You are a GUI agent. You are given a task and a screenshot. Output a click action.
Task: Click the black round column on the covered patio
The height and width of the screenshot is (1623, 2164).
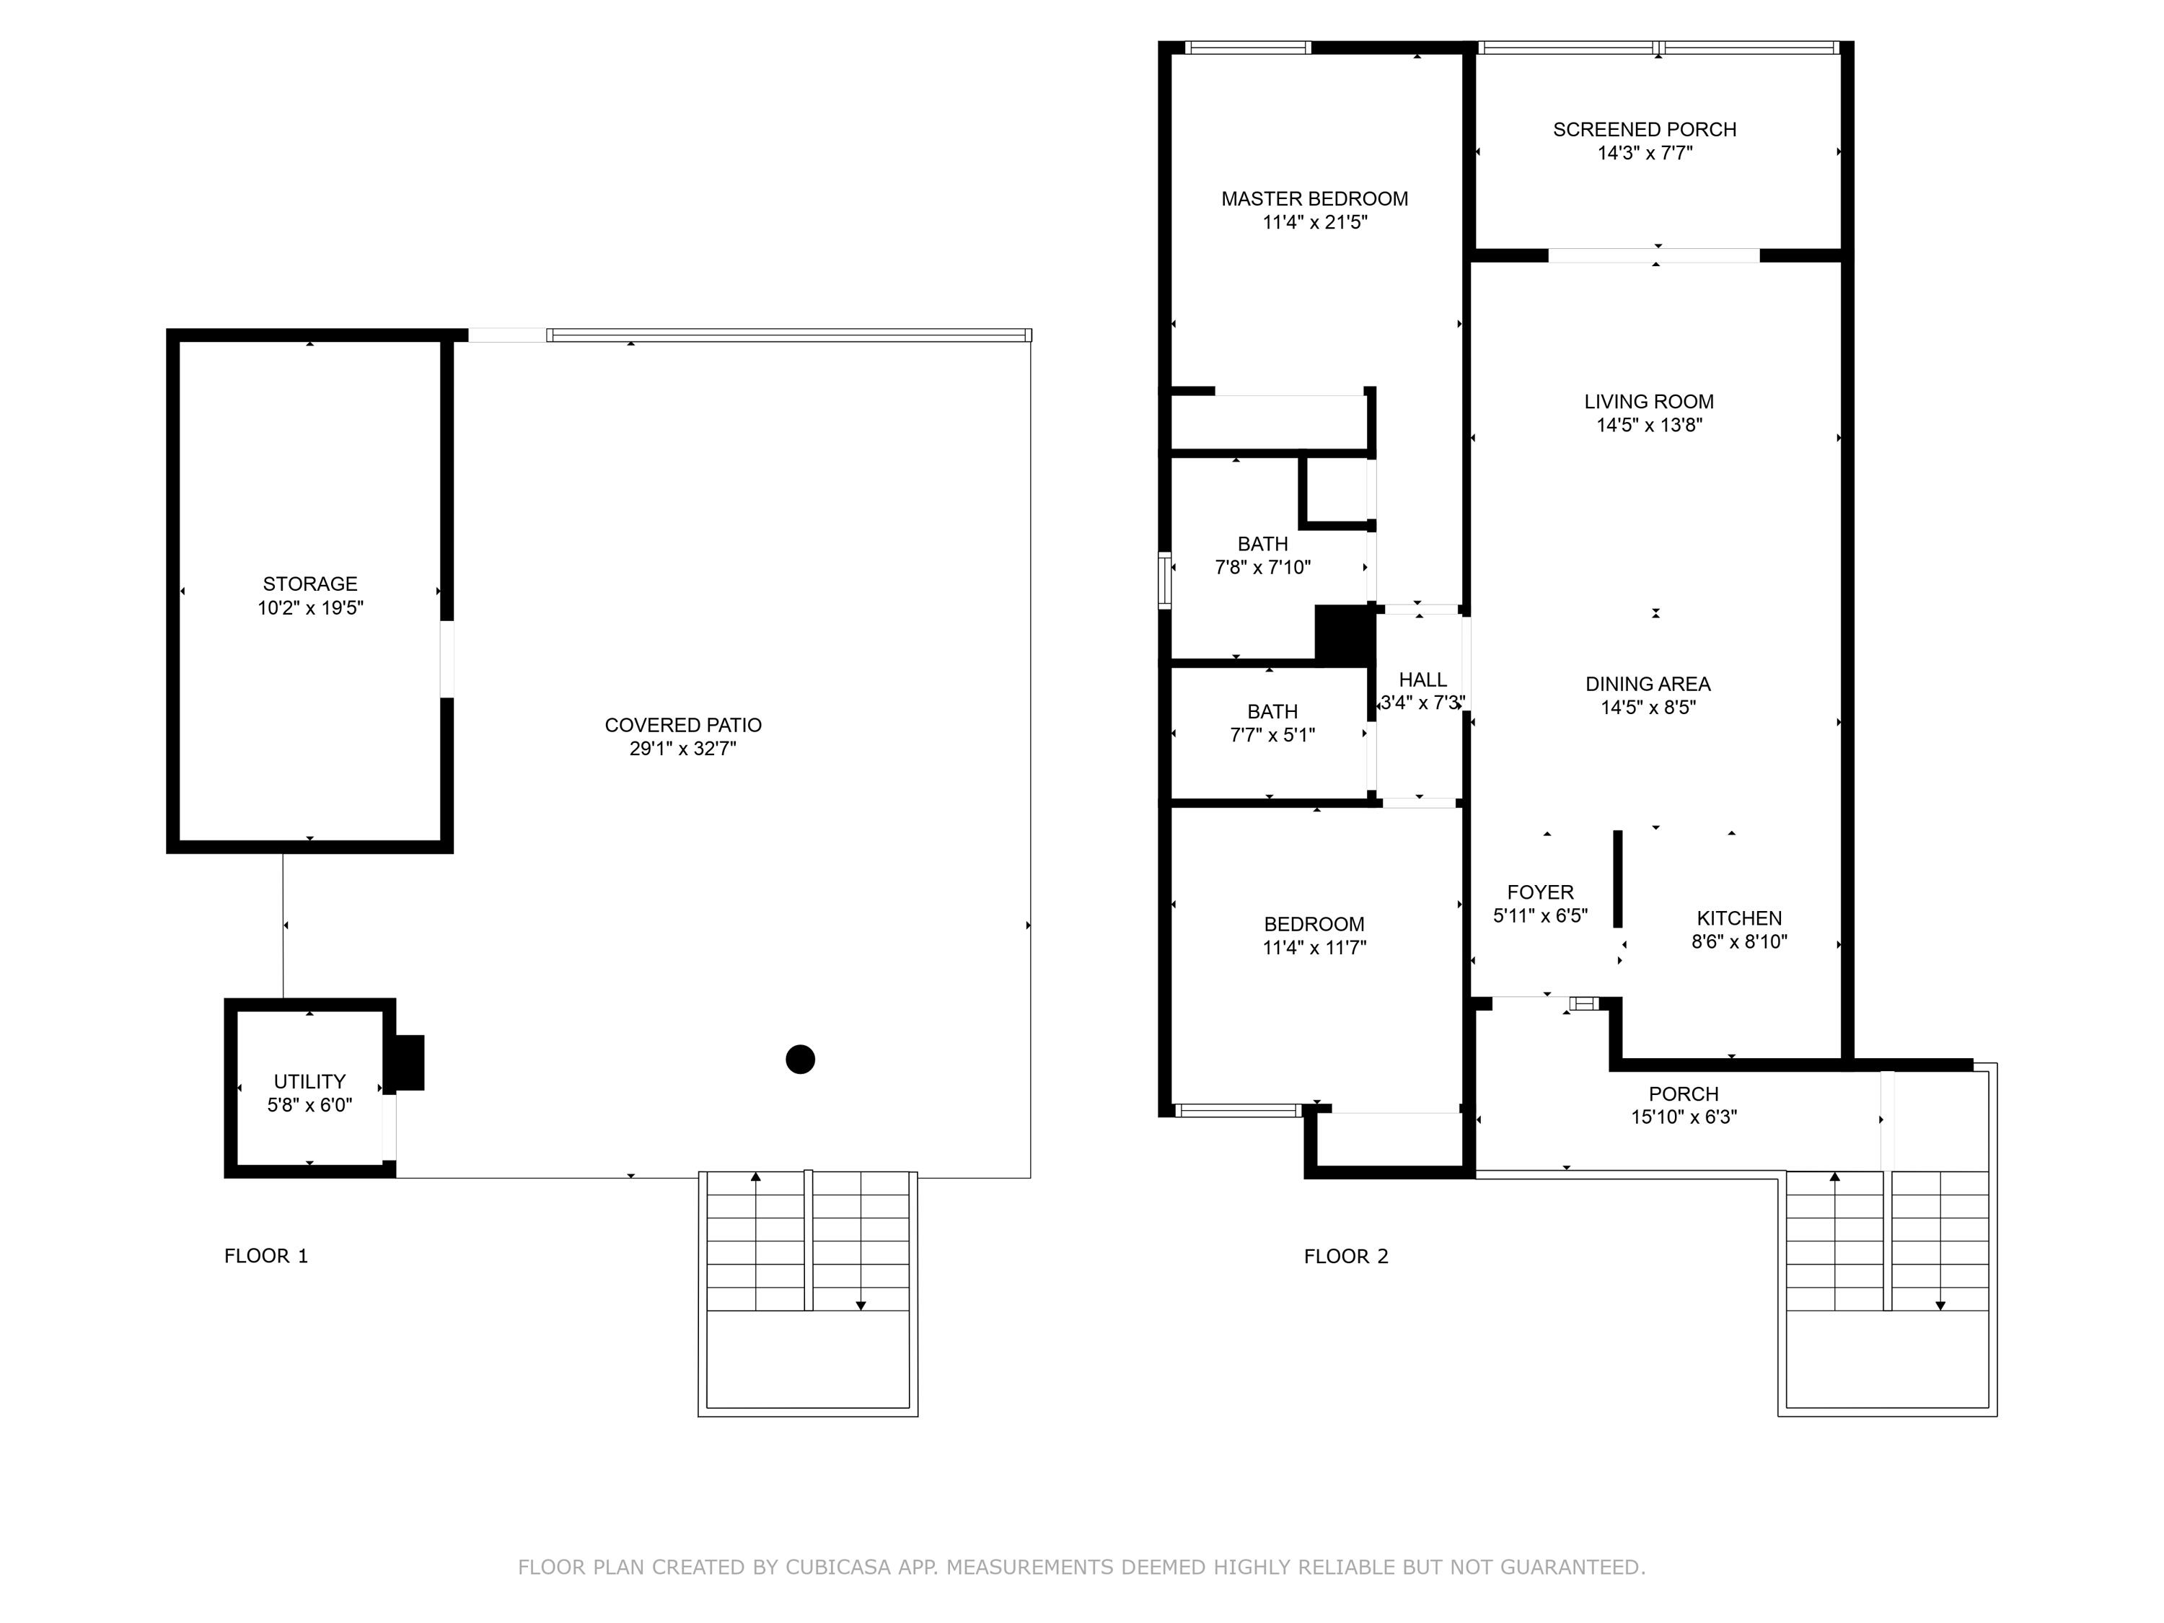[x=800, y=1060]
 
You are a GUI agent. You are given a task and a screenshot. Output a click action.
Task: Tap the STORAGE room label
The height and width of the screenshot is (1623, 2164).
[x=310, y=584]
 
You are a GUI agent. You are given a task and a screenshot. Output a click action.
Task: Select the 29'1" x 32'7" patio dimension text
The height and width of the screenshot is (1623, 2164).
[x=683, y=749]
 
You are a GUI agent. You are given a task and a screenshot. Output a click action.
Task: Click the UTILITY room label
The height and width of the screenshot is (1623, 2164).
[x=309, y=1081]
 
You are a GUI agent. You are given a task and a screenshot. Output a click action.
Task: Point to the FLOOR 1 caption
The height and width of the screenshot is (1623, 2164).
[x=266, y=1256]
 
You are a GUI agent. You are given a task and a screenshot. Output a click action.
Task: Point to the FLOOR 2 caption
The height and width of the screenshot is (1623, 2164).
[x=1346, y=1256]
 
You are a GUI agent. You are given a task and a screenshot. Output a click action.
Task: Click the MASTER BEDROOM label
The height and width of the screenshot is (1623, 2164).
[x=1315, y=198]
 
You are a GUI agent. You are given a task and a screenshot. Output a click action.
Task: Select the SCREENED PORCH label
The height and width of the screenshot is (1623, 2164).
[x=1645, y=129]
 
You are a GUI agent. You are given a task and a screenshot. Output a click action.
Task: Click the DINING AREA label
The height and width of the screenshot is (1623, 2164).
[x=1648, y=684]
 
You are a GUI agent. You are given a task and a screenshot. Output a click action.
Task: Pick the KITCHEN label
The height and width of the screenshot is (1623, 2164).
[x=1738, y=918]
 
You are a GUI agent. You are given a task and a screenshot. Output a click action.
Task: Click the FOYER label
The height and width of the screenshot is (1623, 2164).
[x=1540, y=892]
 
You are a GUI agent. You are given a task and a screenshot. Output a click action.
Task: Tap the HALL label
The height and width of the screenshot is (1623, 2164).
[x=1422, y=680]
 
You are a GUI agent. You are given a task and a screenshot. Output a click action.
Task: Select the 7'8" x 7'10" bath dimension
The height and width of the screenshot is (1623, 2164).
[x=1262, y=568]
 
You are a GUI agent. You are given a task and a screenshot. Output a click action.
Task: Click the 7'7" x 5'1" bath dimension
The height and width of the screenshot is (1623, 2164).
[x=1272, y=736]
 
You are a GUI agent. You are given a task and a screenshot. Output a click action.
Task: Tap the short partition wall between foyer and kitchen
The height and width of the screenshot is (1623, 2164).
[x=1617, y=879]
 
